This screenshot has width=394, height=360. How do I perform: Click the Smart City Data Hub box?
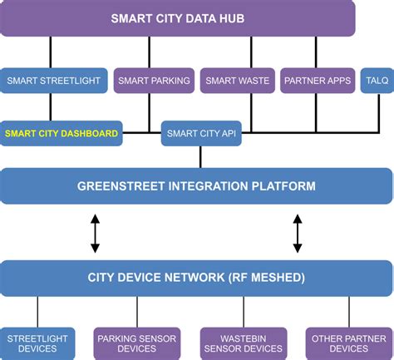[178, 18]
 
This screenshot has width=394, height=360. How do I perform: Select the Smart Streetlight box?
[53, 81]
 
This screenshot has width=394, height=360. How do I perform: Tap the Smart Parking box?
[154, 81]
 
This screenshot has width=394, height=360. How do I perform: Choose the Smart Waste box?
[237, 81]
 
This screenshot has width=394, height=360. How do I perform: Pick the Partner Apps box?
[317, 81]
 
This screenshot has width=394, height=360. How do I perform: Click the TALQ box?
[371, 81]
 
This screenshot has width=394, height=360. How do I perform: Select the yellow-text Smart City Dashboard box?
[62, 133]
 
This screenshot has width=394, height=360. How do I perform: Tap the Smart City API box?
[200, 133]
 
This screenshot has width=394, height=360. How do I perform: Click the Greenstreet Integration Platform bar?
[196, 185]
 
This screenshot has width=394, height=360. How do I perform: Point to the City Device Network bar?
[196, 278]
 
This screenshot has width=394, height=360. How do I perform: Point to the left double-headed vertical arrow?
[95, 233]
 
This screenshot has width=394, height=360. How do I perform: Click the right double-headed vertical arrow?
[298, 233]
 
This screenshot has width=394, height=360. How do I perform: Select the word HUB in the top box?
[230, 18]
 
